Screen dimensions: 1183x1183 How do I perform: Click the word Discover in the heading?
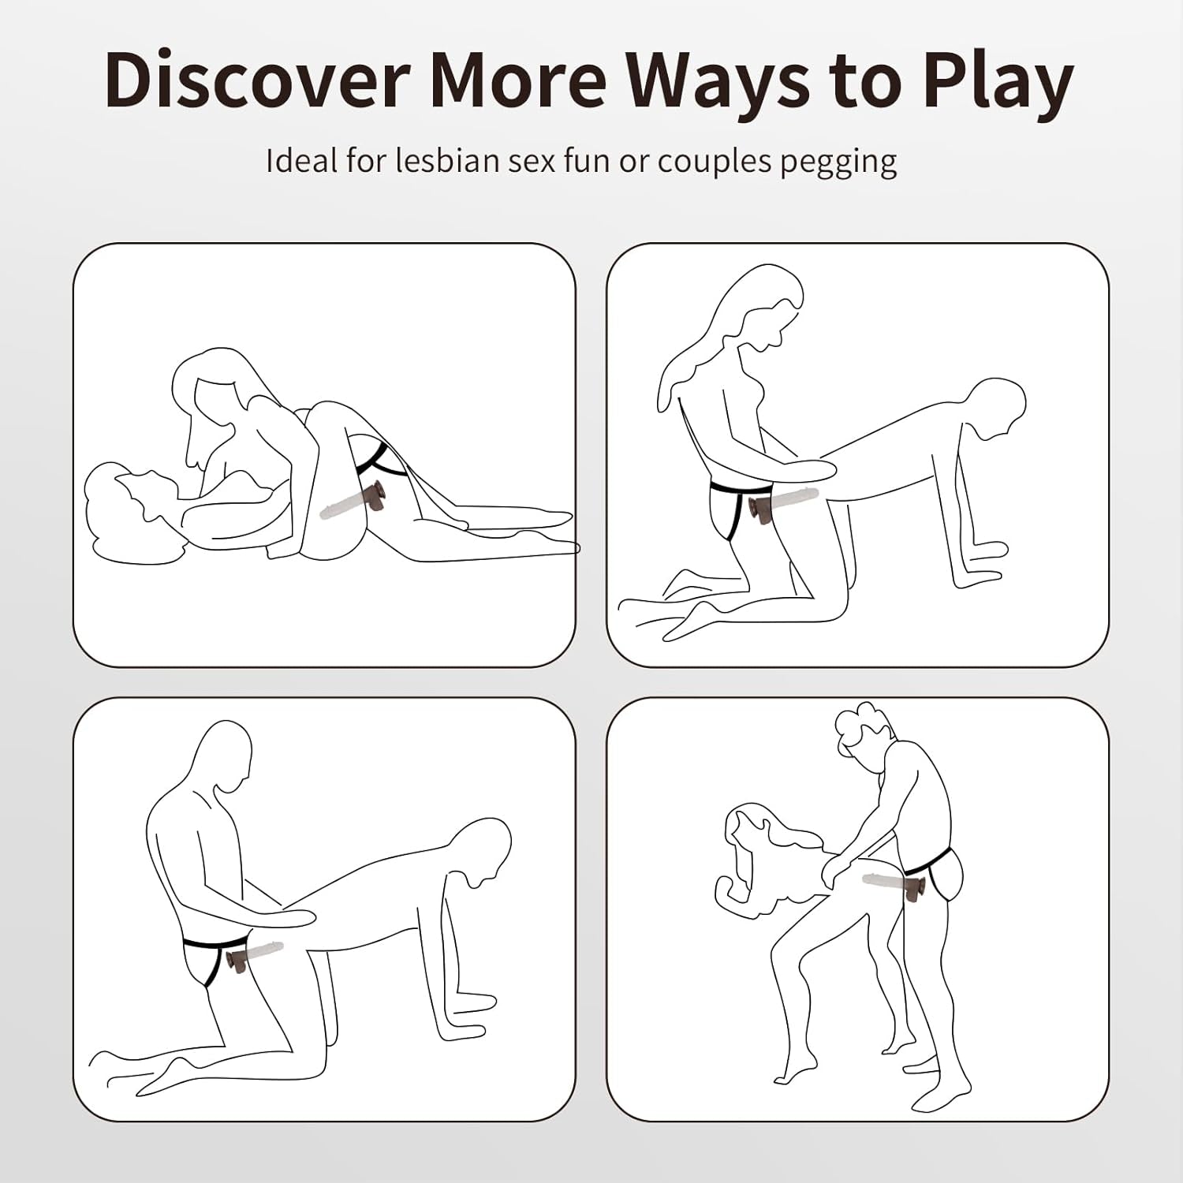pyautogui.click(x=256, y=80)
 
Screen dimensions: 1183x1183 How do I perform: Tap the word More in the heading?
pyautogui.click(x=518, y=80)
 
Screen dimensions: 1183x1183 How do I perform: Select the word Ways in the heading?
pyautogui.click(x=718, y=85)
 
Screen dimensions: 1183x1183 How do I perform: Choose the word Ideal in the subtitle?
pyautogui.click(x=300, y=160)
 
